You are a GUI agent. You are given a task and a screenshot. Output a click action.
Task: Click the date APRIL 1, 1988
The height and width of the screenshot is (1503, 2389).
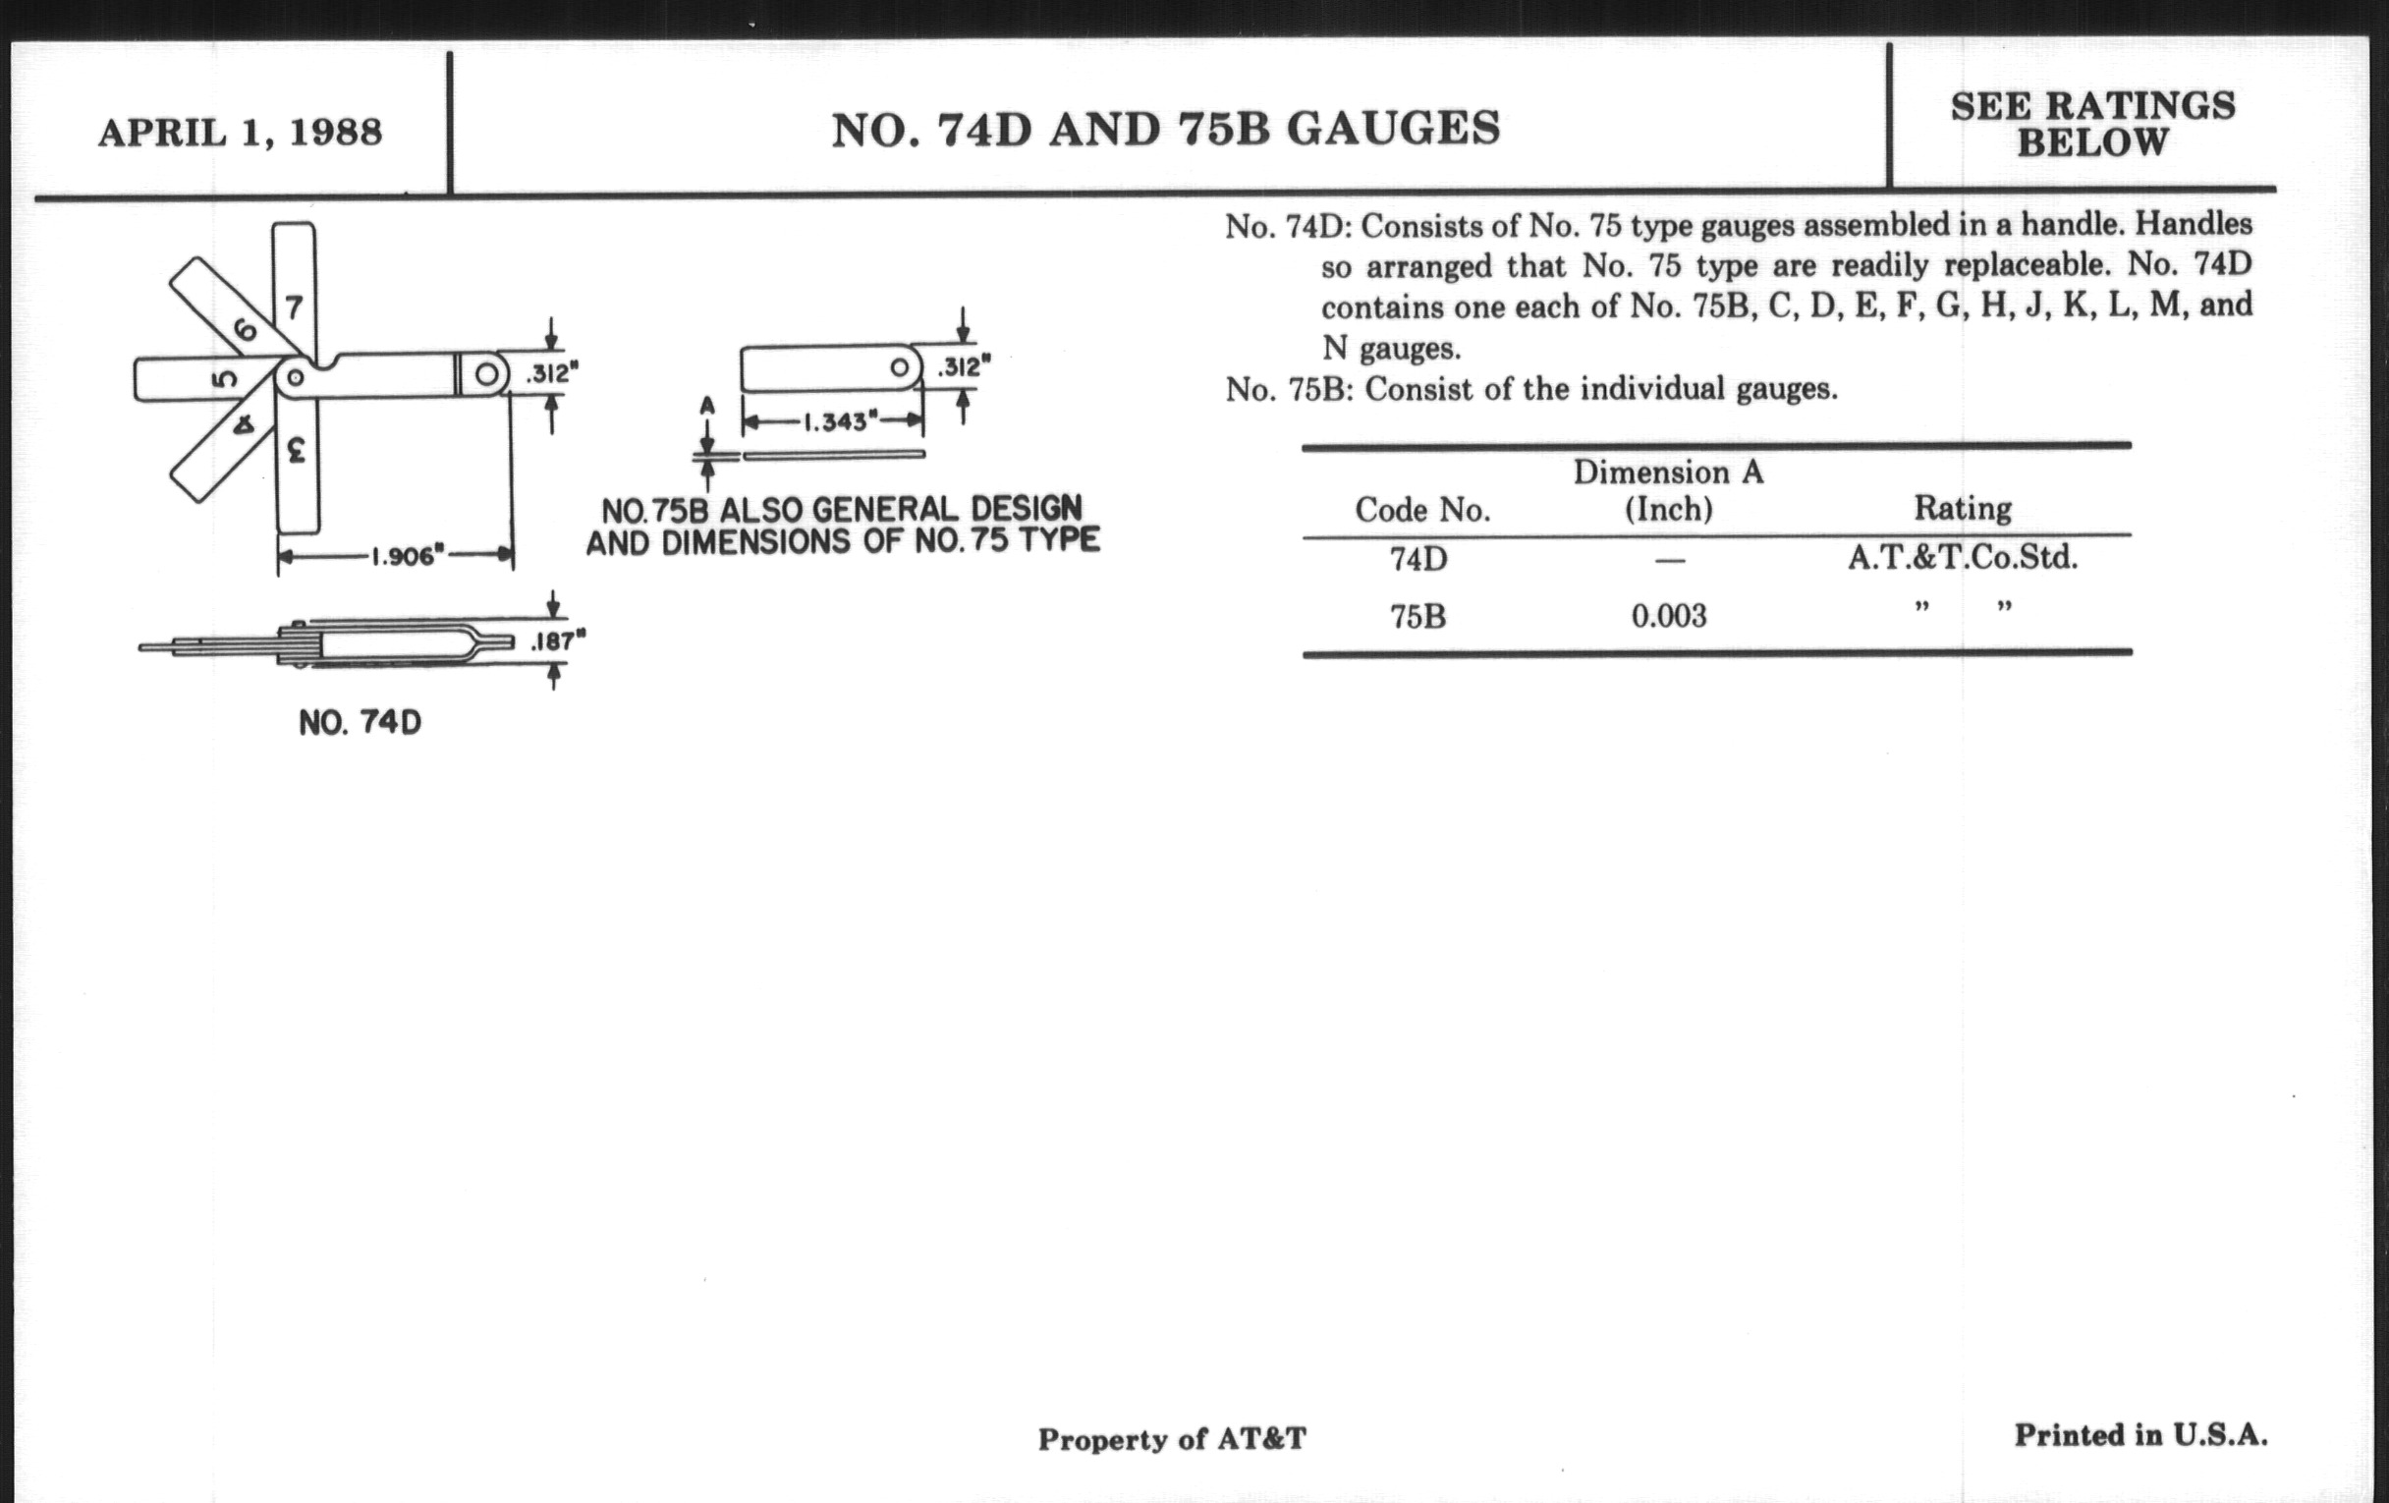tap(240, 132)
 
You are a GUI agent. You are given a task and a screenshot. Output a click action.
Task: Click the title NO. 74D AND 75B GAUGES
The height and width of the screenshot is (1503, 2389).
tap(1166, 129)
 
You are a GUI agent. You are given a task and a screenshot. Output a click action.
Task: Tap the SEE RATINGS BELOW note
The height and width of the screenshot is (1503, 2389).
tap(2093, 124)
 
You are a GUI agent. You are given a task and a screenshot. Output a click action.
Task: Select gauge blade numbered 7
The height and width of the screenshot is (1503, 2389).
tap(294, 288)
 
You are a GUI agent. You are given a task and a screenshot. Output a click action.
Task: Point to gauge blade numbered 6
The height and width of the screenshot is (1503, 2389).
tap(233, 312)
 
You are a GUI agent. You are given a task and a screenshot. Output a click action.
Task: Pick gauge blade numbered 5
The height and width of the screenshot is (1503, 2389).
tap(203, 379)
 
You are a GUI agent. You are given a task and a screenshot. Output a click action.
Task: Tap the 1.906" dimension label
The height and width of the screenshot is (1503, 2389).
tap(404, 556)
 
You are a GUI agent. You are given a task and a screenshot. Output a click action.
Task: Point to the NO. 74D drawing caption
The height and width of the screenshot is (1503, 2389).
tap(361, 722)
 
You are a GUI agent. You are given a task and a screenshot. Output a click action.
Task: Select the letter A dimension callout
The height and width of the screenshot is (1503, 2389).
tap(706, 406)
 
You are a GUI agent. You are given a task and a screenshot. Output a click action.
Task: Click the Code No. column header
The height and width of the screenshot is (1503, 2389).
tap(1421, 510)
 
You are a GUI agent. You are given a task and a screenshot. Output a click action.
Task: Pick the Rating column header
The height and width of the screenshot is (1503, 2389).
tap(1963, 508)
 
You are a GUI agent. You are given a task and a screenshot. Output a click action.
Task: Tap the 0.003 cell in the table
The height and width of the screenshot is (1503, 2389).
tap(1669, 616)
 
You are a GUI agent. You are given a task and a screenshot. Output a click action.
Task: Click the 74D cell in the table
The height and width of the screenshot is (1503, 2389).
tap(1417, 560)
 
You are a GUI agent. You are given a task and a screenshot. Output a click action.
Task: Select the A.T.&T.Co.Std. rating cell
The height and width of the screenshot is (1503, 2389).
tap(1962, 558)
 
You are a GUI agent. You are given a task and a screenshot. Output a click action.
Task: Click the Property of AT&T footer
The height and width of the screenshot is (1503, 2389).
tap(1172, 1438)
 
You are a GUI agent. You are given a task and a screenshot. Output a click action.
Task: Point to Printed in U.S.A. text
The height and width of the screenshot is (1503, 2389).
tap(2139, 1434)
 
